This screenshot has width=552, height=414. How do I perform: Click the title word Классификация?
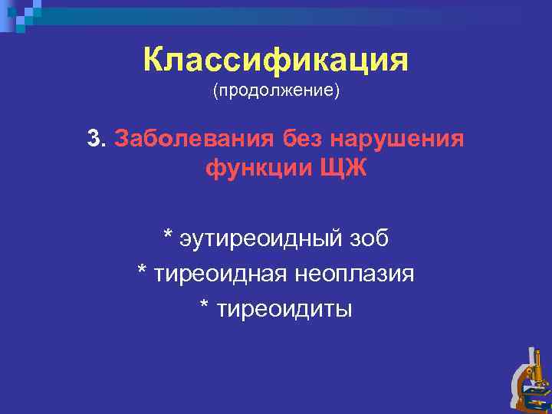pyautogui.click(x=275, y=60)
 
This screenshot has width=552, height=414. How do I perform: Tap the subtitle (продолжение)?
pyautogui.click(x=276, y=91)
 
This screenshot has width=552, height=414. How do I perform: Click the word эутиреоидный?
pyautogui.click(x=261, y=239)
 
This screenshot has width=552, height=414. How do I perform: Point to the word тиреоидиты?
pyautogui.click(x=285, y=308)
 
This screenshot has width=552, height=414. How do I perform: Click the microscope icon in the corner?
pyautogui.click(x=529, y=379)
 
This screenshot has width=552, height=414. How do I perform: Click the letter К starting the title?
pyautogui.click(x=154, y=60)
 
